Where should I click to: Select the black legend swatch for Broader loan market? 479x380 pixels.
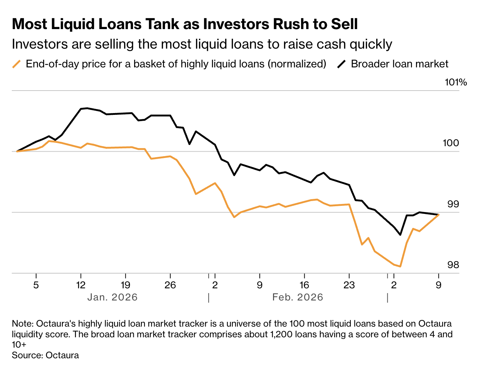[342, 64]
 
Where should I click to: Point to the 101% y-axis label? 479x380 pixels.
[455, 82]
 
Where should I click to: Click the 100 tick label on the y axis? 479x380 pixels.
[451, 143]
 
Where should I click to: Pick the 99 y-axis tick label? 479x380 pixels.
[453, 204]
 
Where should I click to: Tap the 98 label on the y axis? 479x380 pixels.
[453, 265]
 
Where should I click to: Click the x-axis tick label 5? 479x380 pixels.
[36, 285]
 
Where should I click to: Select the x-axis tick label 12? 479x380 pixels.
[81, 285]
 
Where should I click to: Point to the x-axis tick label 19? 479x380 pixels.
[125, 285]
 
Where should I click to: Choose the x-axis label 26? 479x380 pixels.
[170, 285]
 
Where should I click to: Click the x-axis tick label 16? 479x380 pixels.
[304, 285]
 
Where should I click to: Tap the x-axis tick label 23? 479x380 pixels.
[349, 285]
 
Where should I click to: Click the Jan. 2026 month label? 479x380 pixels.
[112, 298]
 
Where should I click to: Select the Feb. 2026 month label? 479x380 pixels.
[298, 298]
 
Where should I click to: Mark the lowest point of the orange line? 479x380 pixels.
[400, 266]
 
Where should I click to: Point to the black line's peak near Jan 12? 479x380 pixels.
[87, 108]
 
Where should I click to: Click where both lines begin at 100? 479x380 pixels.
[17, 151]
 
